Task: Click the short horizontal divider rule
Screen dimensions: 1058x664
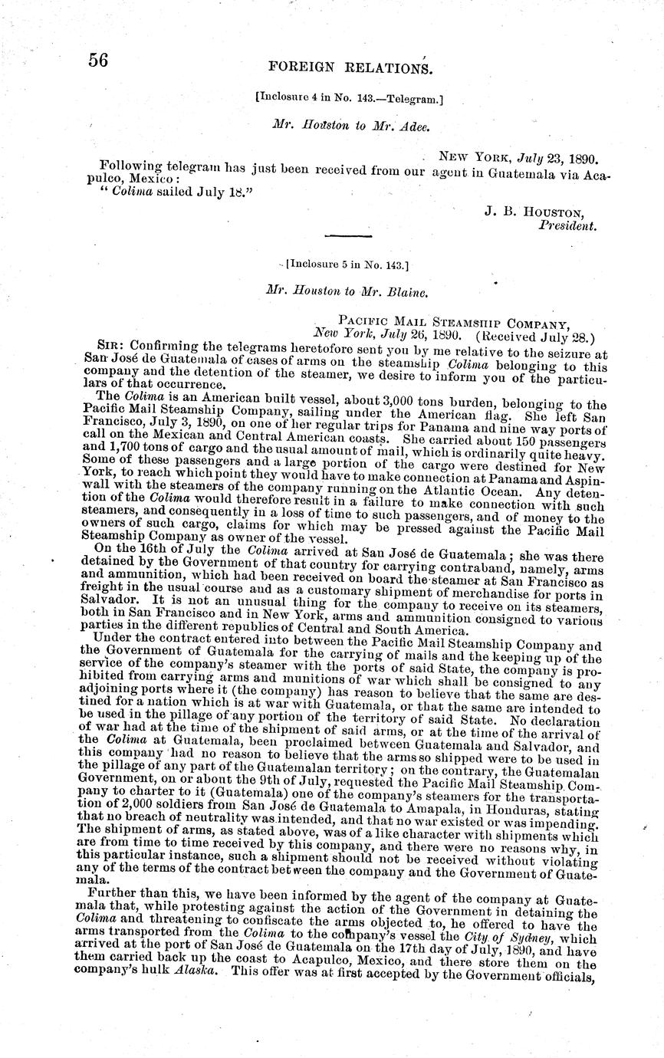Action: pos(348,235)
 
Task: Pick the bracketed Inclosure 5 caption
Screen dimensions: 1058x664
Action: pos(347,265)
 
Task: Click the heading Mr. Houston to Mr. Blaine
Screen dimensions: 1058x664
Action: pos(346,291)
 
